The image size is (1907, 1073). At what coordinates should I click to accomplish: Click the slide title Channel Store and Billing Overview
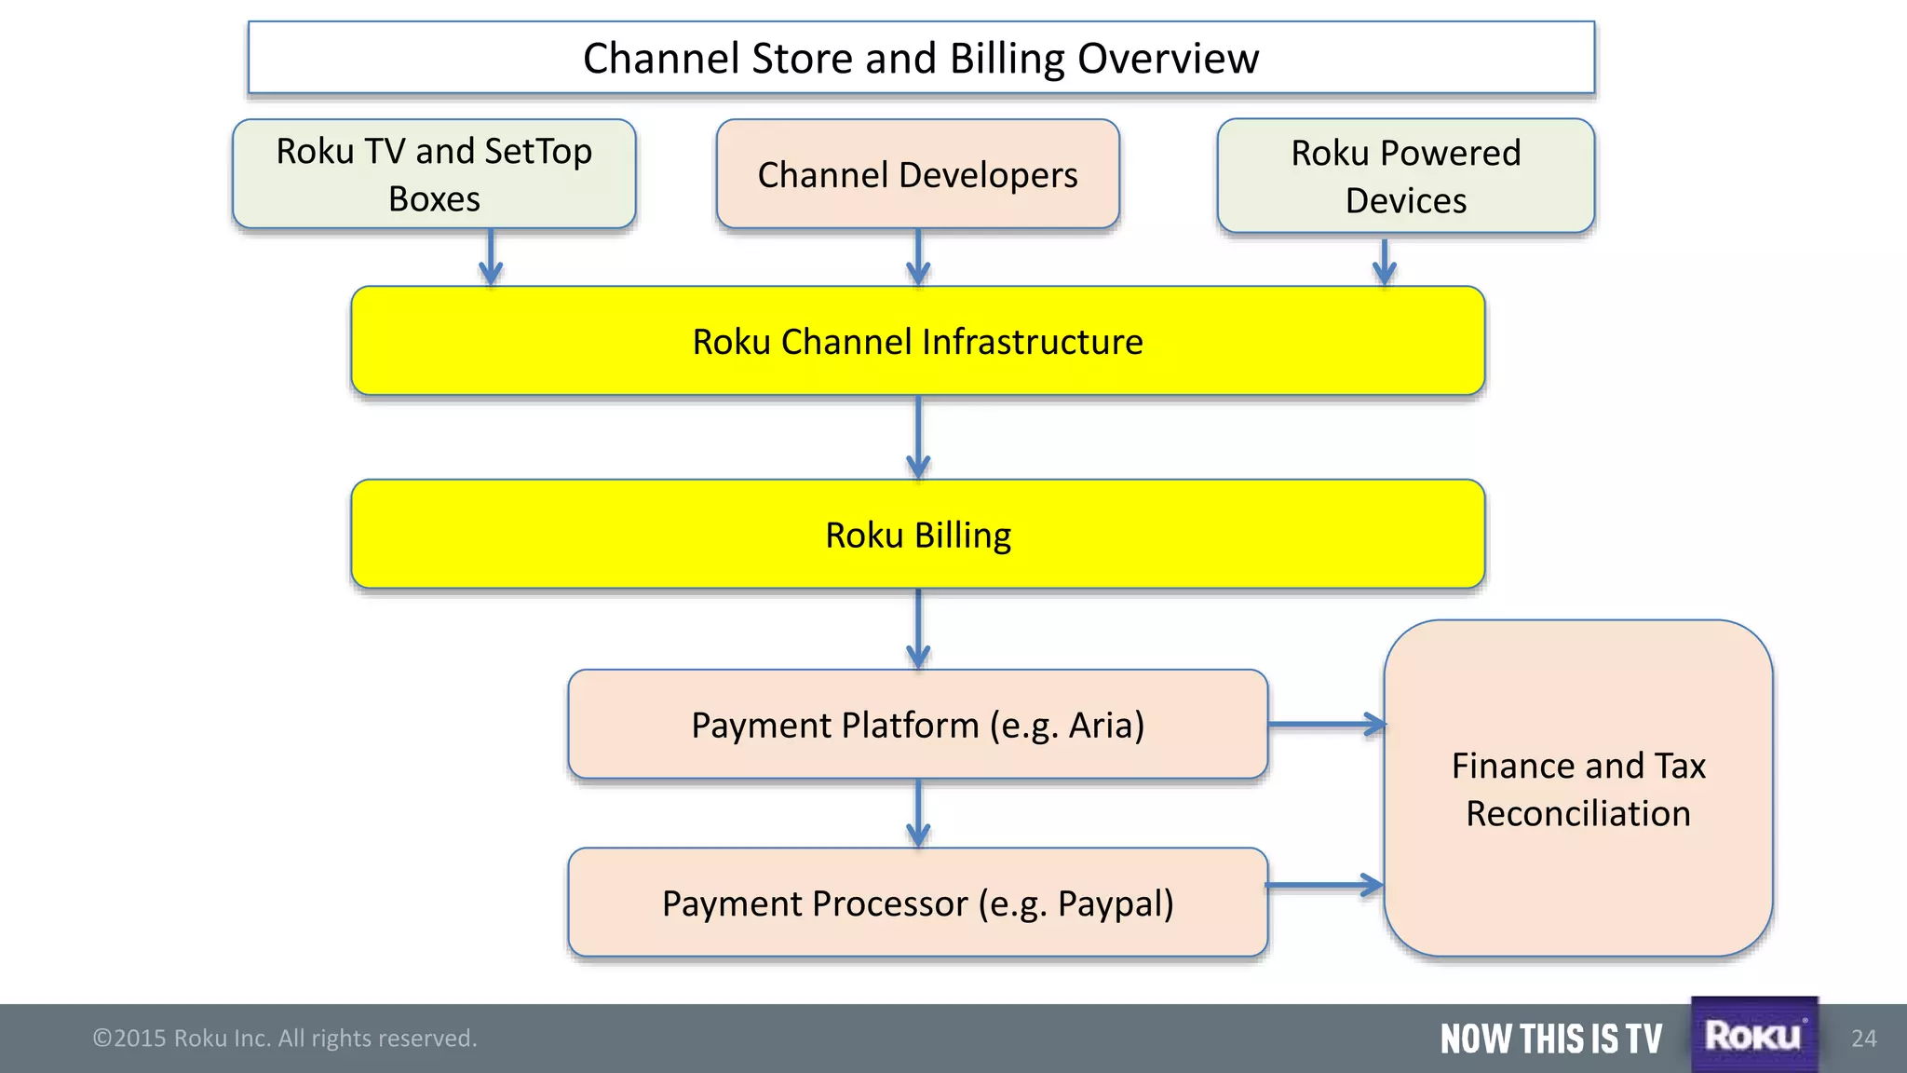(920, 58)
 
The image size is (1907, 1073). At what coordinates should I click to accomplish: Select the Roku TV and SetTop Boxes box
(434, 174)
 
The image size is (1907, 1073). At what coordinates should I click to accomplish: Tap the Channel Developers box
(917, 174)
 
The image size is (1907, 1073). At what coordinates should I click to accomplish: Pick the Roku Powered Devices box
(1405, 176)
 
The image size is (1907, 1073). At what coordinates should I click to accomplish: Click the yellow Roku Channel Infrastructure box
(917, 341)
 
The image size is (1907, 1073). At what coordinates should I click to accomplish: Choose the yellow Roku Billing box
(917, 535)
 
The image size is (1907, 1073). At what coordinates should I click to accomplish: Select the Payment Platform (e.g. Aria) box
(917, 725)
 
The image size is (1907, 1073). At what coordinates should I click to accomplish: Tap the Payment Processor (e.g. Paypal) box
(917, 903)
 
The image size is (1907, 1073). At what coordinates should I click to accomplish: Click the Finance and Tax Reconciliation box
(1577, 789)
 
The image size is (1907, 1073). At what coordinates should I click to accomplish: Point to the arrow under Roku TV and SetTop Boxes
(491, 258)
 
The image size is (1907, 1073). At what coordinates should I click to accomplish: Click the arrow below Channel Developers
(918, 258)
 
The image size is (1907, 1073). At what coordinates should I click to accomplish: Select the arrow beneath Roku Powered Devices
(1385, 262)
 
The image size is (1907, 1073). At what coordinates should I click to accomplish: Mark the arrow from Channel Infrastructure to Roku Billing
(918, 438)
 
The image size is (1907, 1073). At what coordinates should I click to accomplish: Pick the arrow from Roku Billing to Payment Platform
(918, 629)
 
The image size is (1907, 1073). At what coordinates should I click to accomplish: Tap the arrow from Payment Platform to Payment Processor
(918, 813)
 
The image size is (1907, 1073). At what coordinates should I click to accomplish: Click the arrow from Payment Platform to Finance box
(1327, 724)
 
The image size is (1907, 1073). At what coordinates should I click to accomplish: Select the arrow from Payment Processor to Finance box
(1325, 885)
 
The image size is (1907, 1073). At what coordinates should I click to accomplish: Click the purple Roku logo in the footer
(1753, 1035)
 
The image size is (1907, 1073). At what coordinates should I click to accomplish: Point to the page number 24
(1863, 1039)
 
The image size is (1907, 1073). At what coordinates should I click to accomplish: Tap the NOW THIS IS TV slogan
(1550, 1039)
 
